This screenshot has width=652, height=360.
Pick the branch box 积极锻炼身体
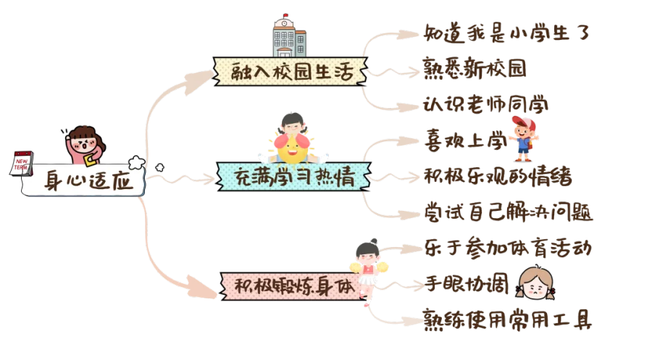point(293,285)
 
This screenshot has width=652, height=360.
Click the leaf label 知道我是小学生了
point(506,33)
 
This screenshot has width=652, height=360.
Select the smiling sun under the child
point(294,148)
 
